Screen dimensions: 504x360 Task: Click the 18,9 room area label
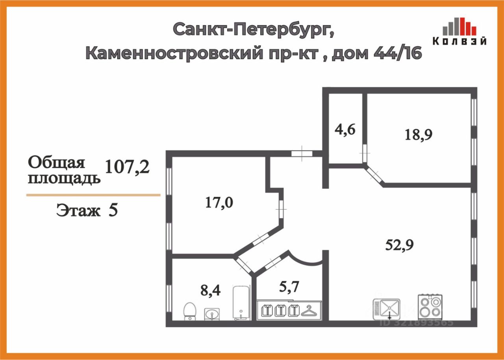pos(419,135)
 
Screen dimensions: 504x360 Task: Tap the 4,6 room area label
pos(346,129)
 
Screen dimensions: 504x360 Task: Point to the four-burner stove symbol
pos(430,306)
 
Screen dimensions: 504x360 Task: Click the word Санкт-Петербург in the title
pos(254,29)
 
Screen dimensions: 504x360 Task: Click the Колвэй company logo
pos(460,32)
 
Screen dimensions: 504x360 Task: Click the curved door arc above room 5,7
pos(307,260)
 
